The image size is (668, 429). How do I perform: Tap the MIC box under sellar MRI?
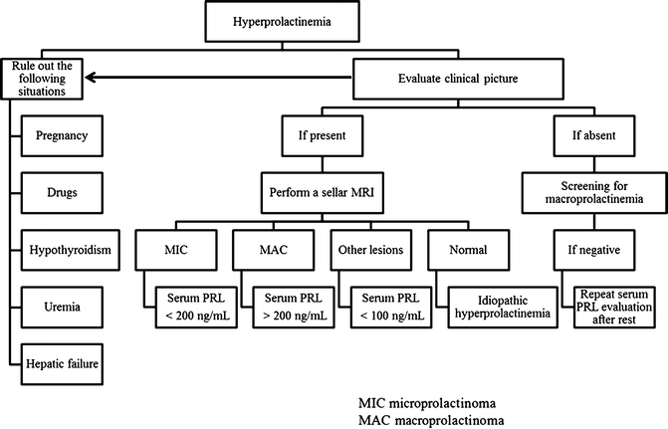click(191, 252)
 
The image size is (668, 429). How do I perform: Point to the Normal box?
click(455, 252)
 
